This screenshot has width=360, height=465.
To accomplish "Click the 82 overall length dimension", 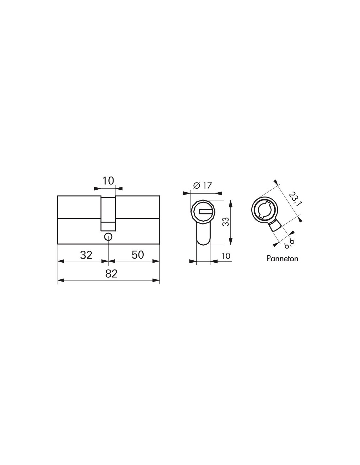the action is (x=111, y=274).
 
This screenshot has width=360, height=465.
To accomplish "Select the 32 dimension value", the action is (x=86, y=255).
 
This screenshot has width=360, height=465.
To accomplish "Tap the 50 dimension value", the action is (x=137, y=255).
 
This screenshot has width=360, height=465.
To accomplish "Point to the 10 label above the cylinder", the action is (x=108, y=181).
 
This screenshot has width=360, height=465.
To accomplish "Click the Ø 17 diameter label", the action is (x=202, y=185).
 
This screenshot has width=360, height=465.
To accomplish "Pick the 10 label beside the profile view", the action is (x=225, y=256).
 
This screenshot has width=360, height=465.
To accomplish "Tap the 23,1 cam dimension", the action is (x=295, y=199).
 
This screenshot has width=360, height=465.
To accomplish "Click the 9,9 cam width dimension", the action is (x=290, y=243).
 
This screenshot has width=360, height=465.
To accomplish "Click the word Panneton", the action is (x=282, y=259).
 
